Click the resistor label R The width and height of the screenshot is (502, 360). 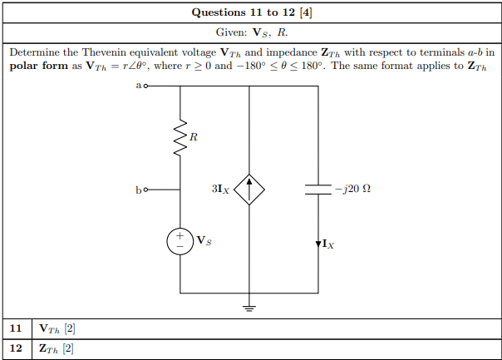coord(194,137)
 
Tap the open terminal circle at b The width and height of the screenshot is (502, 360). coord(147,190)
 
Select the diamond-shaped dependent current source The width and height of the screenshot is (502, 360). coord(249,190)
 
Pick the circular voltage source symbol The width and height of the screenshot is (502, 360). coord(180,239)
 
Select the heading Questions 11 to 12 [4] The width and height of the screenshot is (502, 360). coord(251,12)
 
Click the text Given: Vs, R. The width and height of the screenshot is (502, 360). coord(251,33)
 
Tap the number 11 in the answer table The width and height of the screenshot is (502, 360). coord(16,328)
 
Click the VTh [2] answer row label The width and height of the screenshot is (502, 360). coord(58,328)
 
